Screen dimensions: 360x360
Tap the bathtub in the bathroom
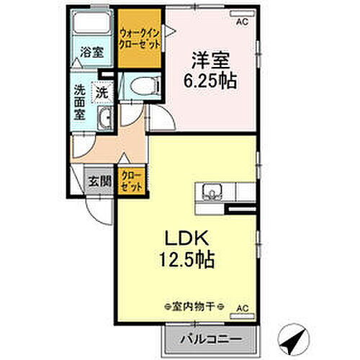[x=91, y=26]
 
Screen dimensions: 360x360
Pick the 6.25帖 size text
[x=210, y=79]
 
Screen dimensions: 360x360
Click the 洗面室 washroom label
[x=81, y=103]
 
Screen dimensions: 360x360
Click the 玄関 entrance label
[x=99, y=181]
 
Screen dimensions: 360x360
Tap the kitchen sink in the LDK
[x=212, y=192]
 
